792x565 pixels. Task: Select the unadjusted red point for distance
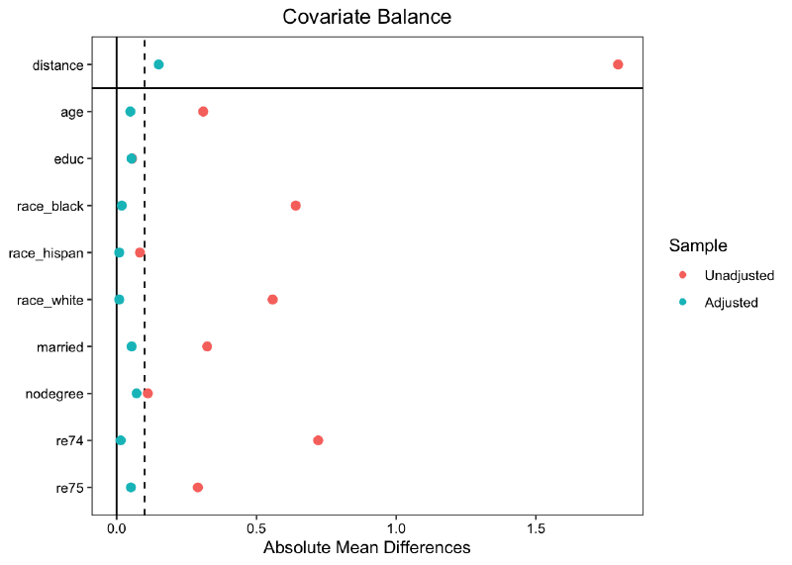click(x=618, y=64)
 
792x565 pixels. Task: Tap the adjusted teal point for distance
click(x=158, y=64)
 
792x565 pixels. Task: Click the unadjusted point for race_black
click(x=295, y=206)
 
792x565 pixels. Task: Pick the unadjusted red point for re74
click(x=318, y=440)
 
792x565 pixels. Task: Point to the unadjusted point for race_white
click(x=272, y=299)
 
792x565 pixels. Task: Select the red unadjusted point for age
click(x=203, y=112)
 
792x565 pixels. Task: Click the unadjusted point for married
click(x=207, y=346)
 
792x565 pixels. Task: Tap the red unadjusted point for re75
click(x=198, y=488)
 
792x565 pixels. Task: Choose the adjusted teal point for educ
click(x=132, y=158)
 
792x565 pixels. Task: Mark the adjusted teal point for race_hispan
click(x=120, y=252)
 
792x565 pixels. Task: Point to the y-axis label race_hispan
click(x=46, y=253)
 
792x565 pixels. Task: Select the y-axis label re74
click(x=68, y=440)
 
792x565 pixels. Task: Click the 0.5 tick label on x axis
click(x=256, y=527)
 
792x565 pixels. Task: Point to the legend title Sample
click(x=698, y=245)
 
